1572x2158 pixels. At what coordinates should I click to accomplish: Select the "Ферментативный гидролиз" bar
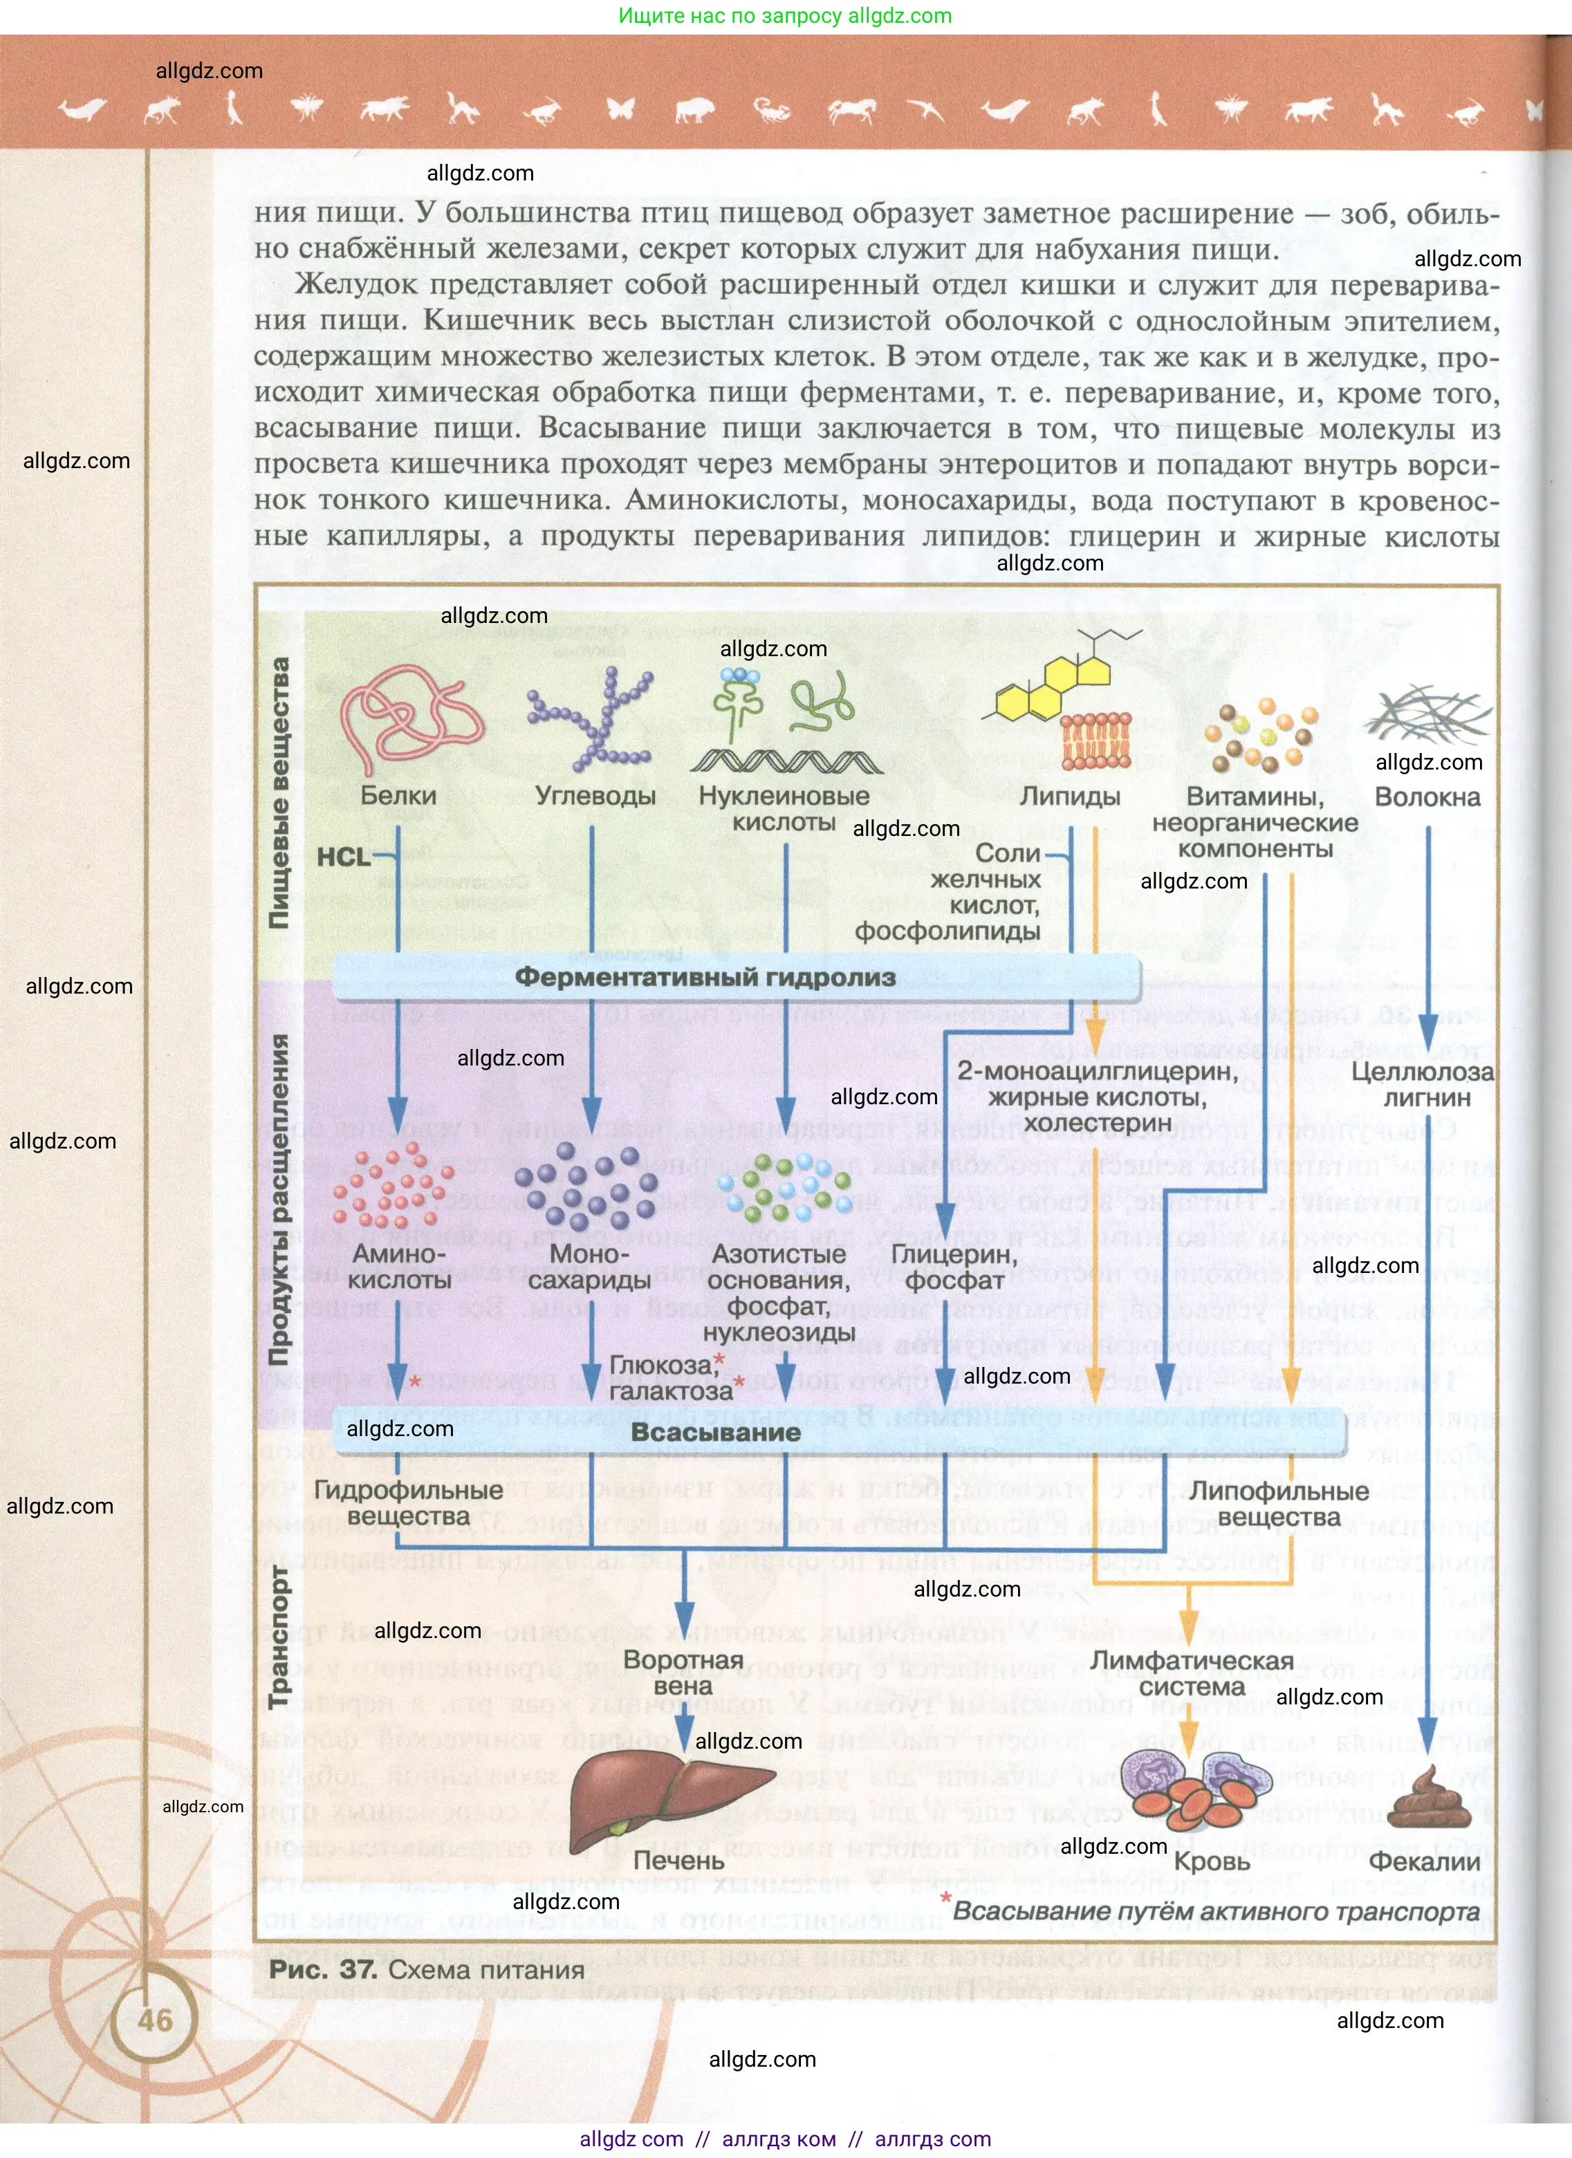[705, 977]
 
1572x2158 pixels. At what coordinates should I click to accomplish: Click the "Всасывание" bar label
[716, 1432]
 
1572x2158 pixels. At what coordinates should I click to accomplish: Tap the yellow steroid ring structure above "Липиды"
[1056, 687]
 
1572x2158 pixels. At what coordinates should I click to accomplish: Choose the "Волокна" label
[1427, 797]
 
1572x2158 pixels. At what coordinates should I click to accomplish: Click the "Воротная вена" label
[683, 1672]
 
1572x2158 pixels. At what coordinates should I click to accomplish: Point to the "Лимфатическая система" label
[1192, 1673]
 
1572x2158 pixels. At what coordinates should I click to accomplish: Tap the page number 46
[155, 2019]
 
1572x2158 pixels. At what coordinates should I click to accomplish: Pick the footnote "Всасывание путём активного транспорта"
[1215, 1910]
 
